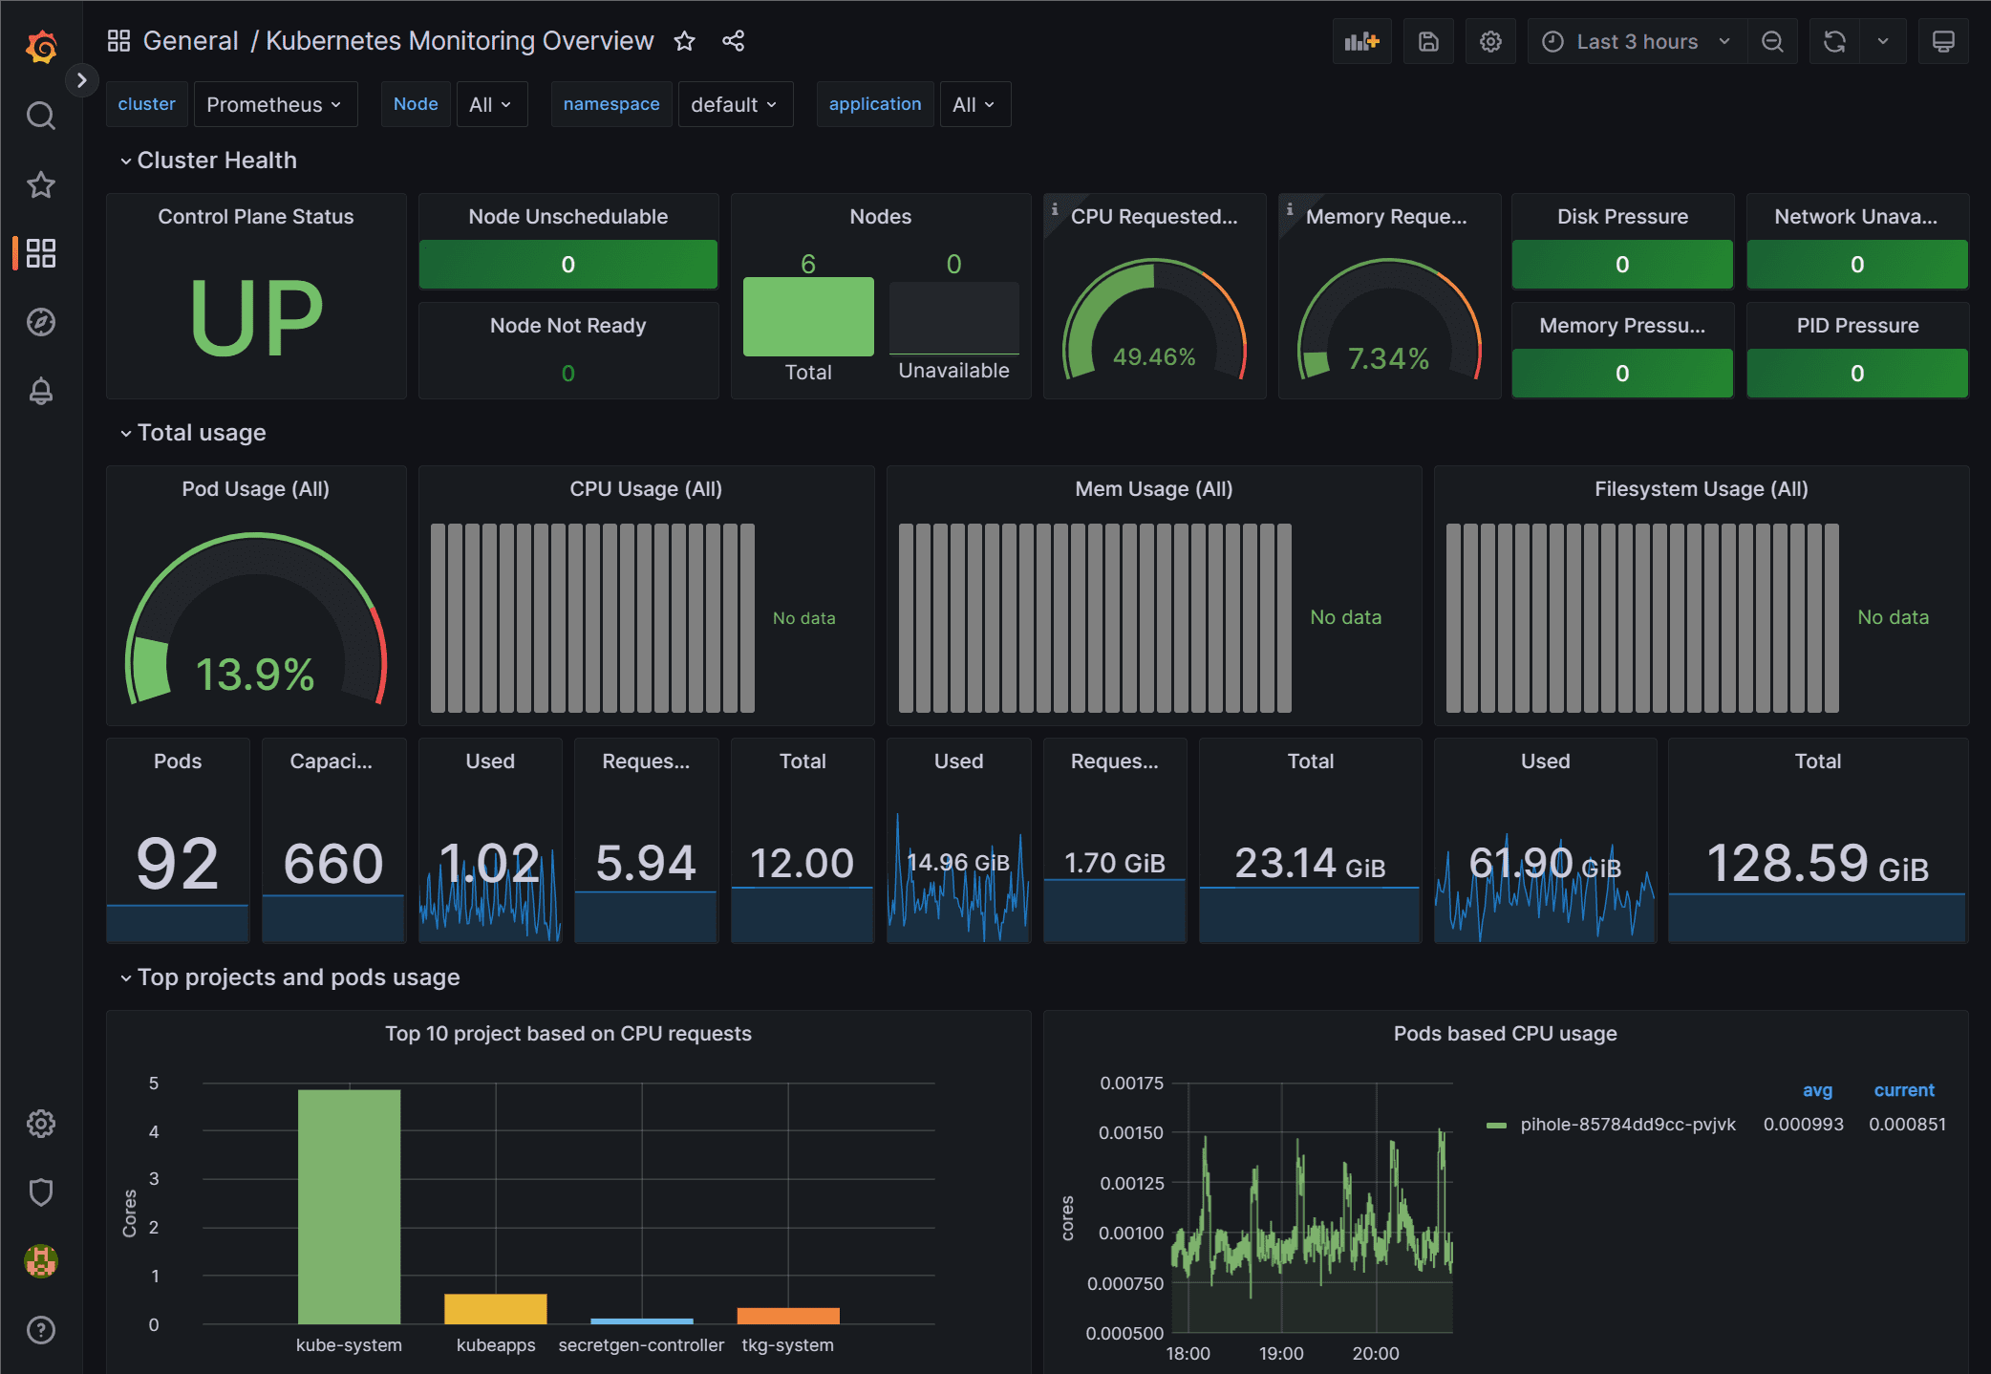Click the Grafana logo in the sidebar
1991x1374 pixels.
(x=41, y=45)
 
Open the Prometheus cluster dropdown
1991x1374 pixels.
(x=274, y=104)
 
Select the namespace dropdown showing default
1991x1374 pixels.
(x=734, y=104)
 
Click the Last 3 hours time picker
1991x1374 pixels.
(x=1637, y=41)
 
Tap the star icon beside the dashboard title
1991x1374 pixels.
(x=684, y=41)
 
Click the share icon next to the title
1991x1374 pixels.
(x=733, y=41)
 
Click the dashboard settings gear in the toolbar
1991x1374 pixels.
(x=1490, y=41)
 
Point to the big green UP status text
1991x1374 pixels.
(x=256, y=318)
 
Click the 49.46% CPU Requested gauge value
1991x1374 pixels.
(x=1154, y=357)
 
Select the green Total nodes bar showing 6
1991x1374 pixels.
(x=808, y=316)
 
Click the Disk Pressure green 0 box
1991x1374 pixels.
(x=1621, y=265)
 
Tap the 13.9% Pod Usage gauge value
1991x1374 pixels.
(x=255, y=675)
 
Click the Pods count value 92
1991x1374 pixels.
(x=178, y=863)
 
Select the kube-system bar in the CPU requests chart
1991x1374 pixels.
(x=349, y=1206)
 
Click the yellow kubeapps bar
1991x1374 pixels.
(x=495, y=1308)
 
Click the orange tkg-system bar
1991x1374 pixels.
(x=788, y=1315)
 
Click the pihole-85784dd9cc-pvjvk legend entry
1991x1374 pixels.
(x=1627, y=1125)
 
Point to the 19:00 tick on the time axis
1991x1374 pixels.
(x=1281, y=1353)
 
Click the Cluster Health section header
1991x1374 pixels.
(x=217, y=161)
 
